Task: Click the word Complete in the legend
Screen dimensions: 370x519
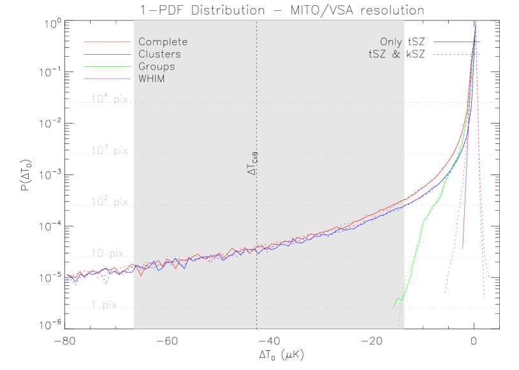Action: click(x=163, y=42)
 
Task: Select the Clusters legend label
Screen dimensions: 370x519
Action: click(x=159, y=54)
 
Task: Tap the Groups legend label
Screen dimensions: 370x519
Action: click(x=156, y=66)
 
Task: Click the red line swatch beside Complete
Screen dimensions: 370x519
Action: click(x=107, y=42)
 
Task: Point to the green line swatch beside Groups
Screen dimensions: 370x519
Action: click(x=107, y=66)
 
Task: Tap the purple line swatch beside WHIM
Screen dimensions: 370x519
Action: click(x=107, y=78)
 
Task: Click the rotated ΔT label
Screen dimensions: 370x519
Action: click(x=252, y=163)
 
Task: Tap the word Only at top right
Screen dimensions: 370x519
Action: click(x=391, y=42)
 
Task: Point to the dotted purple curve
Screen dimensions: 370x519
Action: click(x=453, y=255)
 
